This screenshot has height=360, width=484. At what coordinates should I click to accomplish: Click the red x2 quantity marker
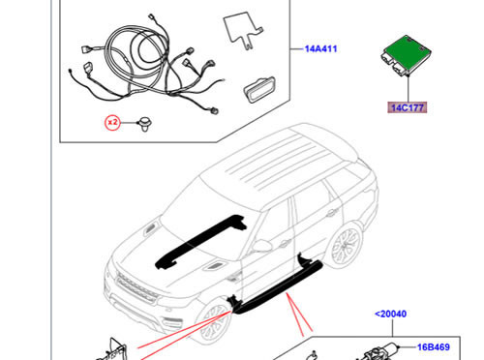coord(113,123)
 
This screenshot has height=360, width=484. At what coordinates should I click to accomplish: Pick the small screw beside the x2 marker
coord(144,123)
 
